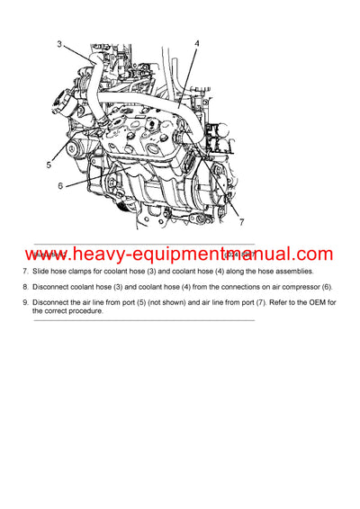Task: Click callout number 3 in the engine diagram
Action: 59,44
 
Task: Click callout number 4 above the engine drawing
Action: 196,43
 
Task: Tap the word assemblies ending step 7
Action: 287,271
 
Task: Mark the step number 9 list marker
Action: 25,301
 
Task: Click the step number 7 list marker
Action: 25,271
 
